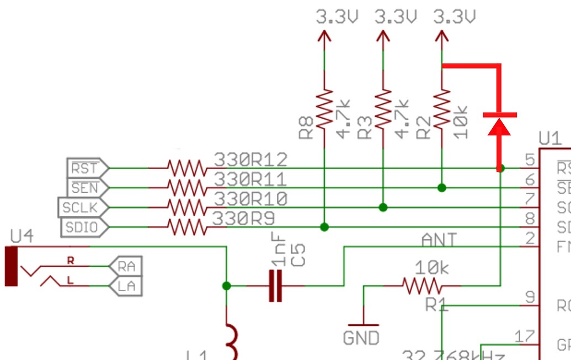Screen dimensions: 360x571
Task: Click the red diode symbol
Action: [x=500, y=124]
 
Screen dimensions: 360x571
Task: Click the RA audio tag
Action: [x=126, y=267]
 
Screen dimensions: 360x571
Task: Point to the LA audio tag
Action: [x=126, y=286]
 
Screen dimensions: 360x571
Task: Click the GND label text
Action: [x=361, y=337]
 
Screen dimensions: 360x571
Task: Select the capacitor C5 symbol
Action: [x=275, y=285]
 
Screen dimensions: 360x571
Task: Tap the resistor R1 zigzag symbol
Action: [x=423, y=285]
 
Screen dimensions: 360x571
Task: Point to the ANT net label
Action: [x=439, y=240]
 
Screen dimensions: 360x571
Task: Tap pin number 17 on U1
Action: [x=524, y=336]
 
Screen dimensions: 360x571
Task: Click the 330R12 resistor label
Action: [x=250, y=160]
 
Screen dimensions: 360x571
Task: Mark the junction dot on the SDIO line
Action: [x=324, y=227]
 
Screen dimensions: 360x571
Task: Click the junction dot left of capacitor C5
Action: [x=226, y=285]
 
